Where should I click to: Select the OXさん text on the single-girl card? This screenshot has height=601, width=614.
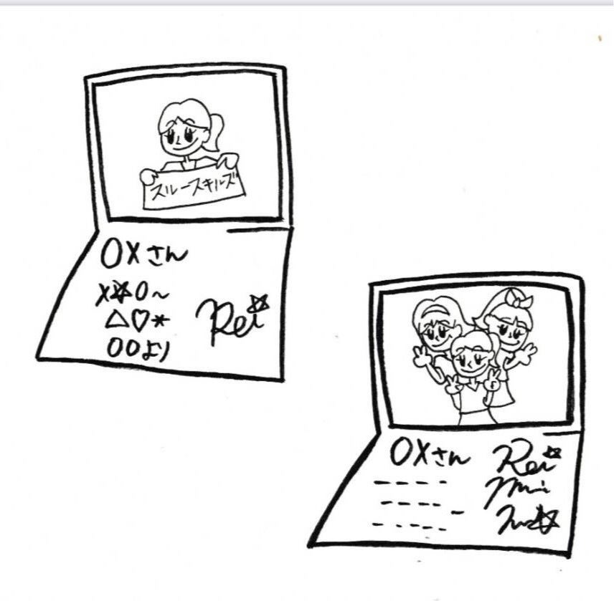tap(143, 254)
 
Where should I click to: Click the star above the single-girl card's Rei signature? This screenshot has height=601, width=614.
tap(259, 305)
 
